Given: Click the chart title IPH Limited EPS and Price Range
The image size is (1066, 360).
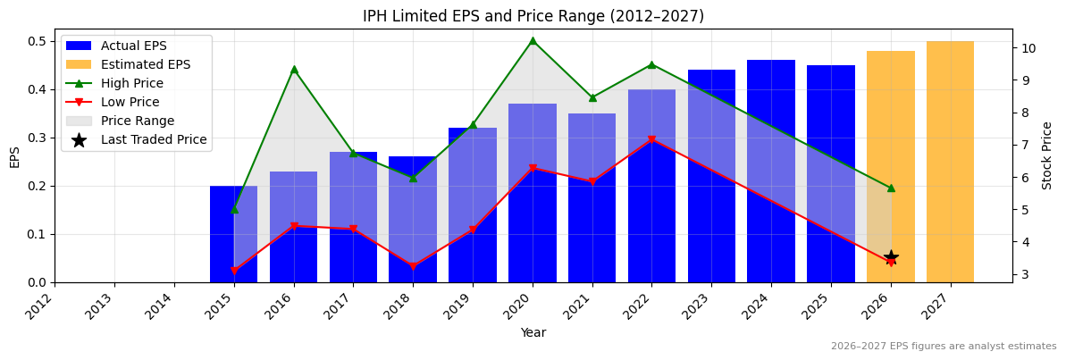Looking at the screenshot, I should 533,16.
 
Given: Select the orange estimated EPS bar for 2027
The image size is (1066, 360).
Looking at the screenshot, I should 950,161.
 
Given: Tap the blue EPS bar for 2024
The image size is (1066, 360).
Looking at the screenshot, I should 770,170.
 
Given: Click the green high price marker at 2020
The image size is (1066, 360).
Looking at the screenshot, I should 533,40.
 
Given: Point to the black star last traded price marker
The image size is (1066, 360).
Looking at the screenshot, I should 891,257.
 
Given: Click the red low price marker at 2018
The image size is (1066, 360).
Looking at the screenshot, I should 413,267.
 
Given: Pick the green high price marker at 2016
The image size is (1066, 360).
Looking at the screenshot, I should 294,69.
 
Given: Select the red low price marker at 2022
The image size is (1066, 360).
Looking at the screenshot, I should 651,140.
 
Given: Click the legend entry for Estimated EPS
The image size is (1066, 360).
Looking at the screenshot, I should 145,64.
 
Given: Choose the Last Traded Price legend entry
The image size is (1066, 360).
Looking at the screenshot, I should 153,139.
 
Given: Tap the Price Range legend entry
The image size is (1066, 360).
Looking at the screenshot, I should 137,121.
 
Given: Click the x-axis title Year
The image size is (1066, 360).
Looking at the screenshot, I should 533,332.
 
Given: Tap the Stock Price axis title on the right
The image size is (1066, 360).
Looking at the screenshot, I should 1047,155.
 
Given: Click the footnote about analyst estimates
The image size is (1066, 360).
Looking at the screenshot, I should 943,347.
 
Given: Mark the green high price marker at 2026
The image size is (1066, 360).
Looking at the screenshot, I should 891,188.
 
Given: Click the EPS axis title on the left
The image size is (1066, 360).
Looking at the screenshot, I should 14,156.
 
